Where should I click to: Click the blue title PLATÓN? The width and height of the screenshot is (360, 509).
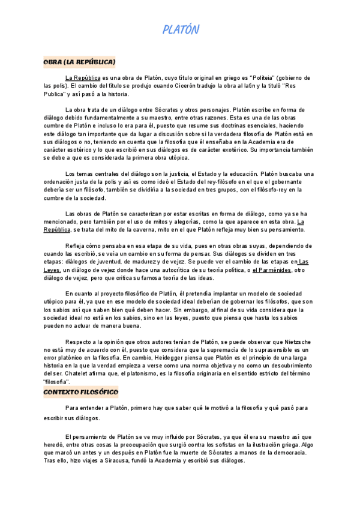tap(181, 29)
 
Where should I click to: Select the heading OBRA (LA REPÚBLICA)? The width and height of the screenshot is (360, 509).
tap(79, 62)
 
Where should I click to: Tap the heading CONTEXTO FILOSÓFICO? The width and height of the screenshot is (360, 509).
tap(81, 393)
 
